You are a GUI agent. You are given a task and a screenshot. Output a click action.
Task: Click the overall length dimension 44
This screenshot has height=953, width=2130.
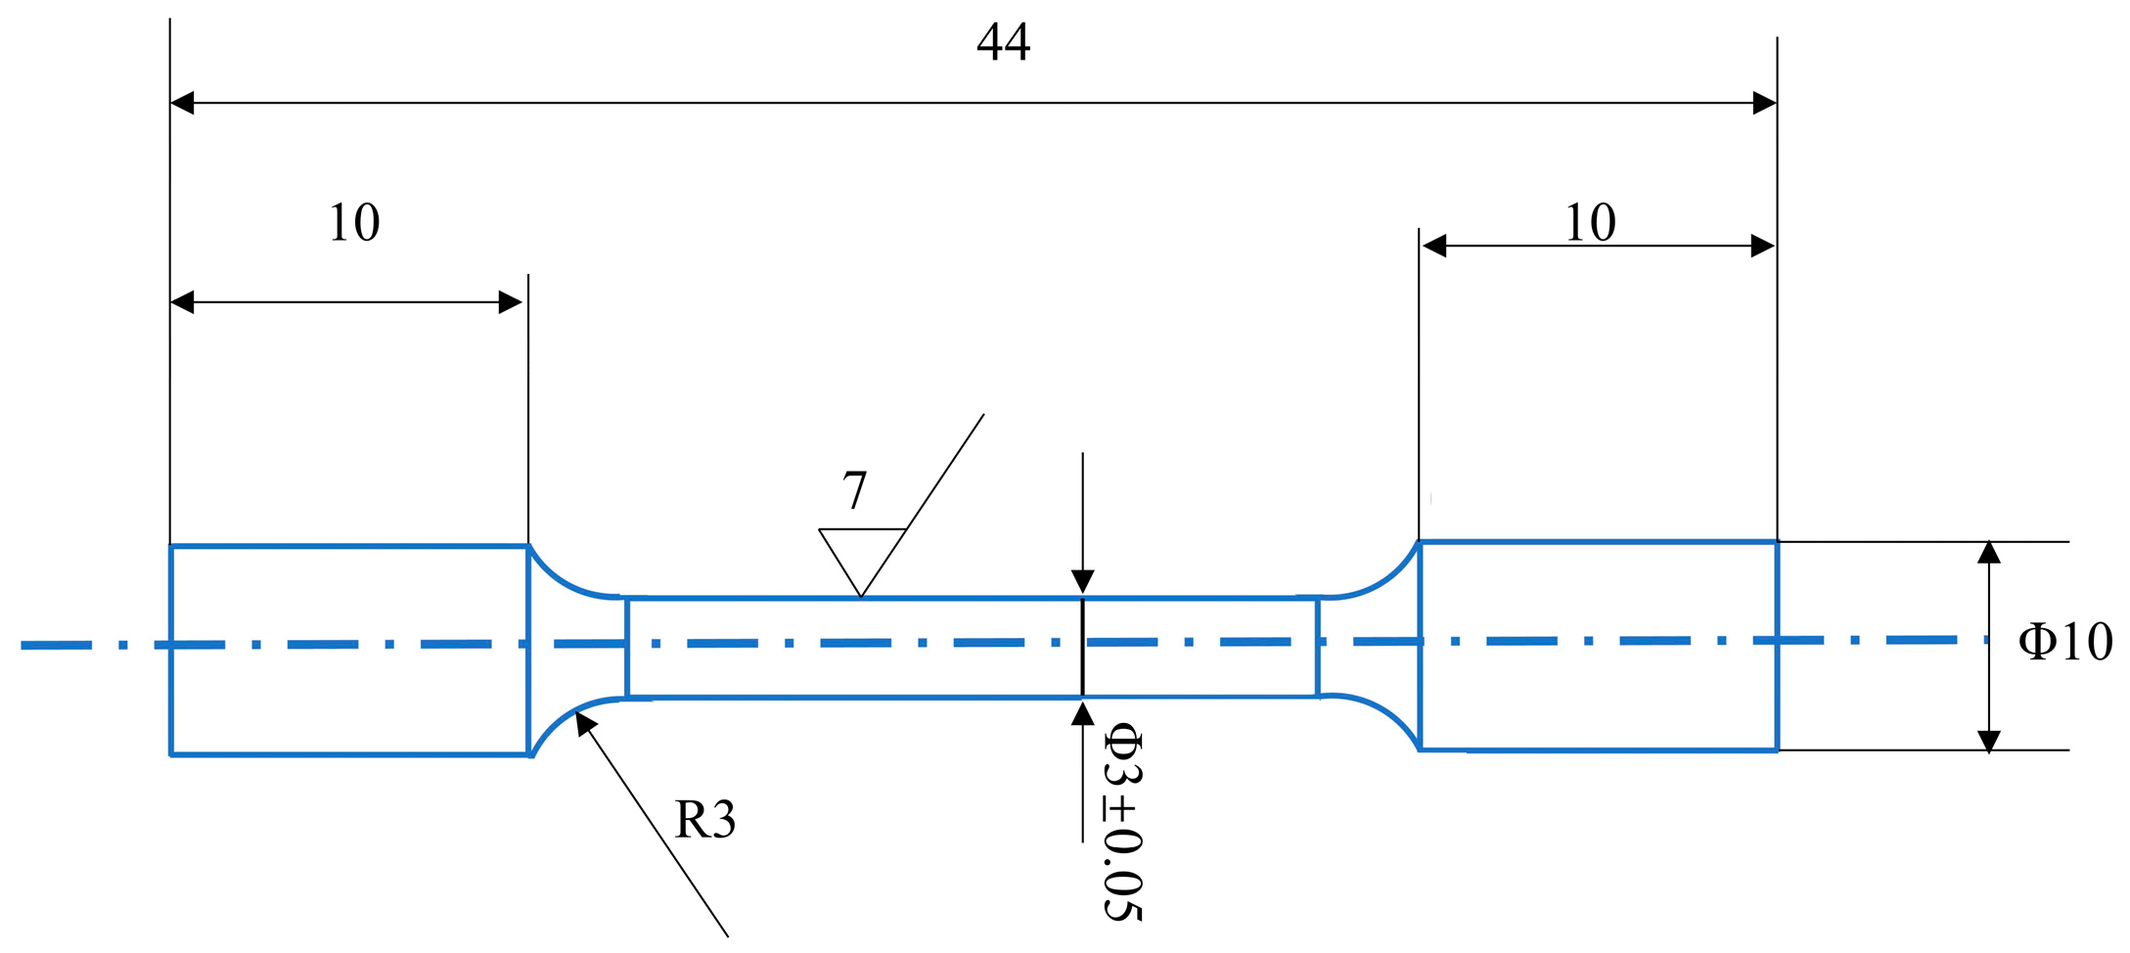(1003, 42)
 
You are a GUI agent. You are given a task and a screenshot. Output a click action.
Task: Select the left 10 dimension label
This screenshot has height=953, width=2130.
(353, 223)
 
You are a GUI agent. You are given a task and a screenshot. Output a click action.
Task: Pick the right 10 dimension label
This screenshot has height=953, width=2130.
(1590, 223)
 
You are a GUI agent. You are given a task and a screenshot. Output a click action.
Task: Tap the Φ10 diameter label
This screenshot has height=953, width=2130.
(2064, 643)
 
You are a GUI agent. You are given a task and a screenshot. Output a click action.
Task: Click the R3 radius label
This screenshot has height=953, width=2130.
(704, 819)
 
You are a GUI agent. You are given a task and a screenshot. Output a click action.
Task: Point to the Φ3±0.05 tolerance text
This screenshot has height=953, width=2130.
(1123, 822)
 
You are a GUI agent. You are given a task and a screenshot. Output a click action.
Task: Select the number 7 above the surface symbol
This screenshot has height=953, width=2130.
(855, 490)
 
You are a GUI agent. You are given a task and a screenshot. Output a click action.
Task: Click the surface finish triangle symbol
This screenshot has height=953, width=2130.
(861, 552)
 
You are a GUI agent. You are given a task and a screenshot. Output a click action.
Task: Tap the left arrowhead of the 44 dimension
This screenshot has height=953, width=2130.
(182, 103)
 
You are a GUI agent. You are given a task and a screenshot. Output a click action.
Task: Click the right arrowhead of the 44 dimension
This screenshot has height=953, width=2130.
(1765, 103)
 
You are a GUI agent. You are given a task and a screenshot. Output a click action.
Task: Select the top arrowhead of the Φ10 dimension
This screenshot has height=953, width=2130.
(1989, 553)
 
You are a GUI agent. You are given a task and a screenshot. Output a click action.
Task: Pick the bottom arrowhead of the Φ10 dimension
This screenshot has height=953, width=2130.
(1989, 741)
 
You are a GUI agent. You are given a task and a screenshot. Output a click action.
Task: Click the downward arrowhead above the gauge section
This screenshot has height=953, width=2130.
(1082, 582)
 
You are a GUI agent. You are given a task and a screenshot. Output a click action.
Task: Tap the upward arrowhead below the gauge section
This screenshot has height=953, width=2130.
(1082, 713)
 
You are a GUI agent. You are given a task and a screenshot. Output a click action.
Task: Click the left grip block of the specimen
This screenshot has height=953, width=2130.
(349, 651)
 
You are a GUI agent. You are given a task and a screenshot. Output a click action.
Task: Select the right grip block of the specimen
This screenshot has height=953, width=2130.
(1598, 646)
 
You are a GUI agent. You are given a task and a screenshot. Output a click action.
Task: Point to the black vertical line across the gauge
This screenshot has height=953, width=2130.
(1082, 647)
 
